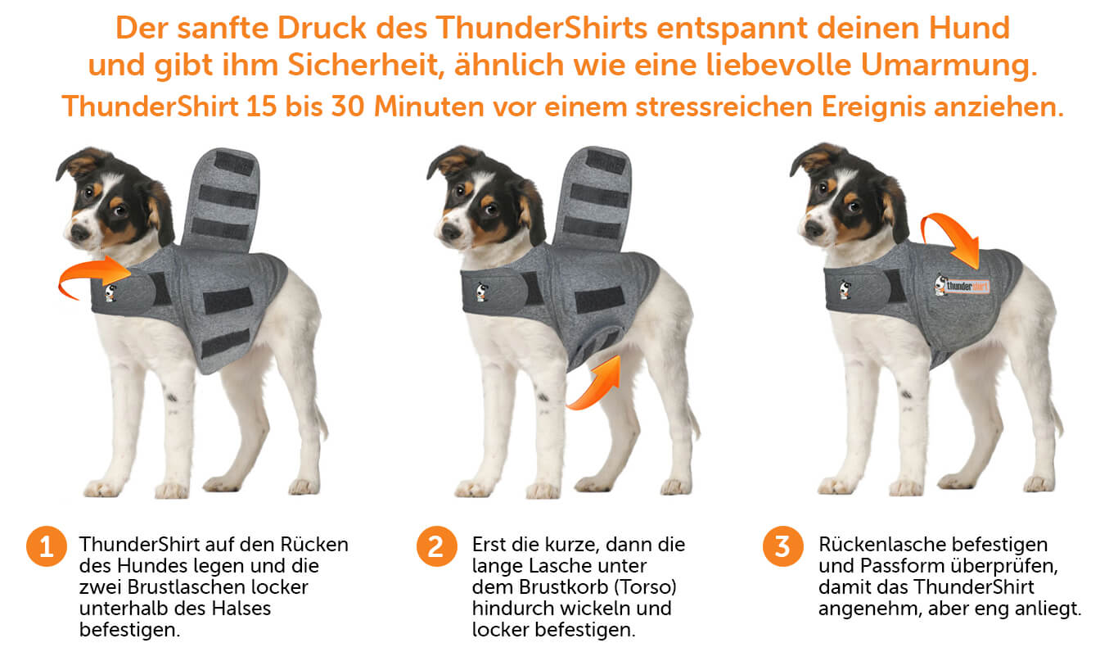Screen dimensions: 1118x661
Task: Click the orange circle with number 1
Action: [47, 546]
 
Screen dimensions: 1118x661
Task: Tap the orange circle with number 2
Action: [437, 546]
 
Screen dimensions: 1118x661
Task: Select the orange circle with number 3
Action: [783, 546]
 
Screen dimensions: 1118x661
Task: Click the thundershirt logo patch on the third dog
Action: [962, 286]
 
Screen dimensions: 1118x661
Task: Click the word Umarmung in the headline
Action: [949, 66]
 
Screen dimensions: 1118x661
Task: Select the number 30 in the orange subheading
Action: [347, 106]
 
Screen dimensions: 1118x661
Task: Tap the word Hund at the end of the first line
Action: [969, 28]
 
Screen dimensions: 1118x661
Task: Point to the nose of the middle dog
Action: [450, 230]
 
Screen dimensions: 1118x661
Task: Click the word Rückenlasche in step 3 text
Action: [883, 544]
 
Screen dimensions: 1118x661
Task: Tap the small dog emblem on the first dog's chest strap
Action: [110, 292]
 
